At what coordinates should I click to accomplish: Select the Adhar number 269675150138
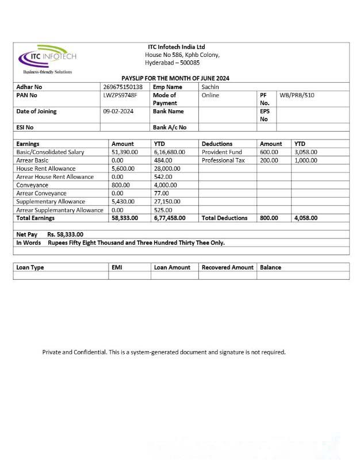click(x=122, y=87)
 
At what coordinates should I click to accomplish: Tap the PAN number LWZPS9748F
click(x=120, y=95)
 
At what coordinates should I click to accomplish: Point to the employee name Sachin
click(x=210, y=87)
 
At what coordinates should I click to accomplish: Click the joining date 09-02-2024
click(x=118, y=111)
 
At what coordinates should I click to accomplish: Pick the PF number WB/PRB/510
click(x=297, y=95)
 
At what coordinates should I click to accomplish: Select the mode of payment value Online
click(x=210, y=95)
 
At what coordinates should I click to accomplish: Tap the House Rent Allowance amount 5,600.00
click(x=123, y=169)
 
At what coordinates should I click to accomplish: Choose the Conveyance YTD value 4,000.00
click(x=167, y=185)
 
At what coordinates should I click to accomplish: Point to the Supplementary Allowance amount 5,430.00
click(x=123, y=202)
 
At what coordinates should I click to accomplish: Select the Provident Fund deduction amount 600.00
click(x=269, y=152)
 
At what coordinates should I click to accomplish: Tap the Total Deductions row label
click(x=225, y=218)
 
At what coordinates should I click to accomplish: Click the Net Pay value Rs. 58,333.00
click(x=65, y=234)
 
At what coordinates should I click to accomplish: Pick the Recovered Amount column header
click(x=227, y=267)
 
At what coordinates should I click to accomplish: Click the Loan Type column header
click(x=30, y=267)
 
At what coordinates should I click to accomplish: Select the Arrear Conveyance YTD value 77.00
click(x=162, y=194)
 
